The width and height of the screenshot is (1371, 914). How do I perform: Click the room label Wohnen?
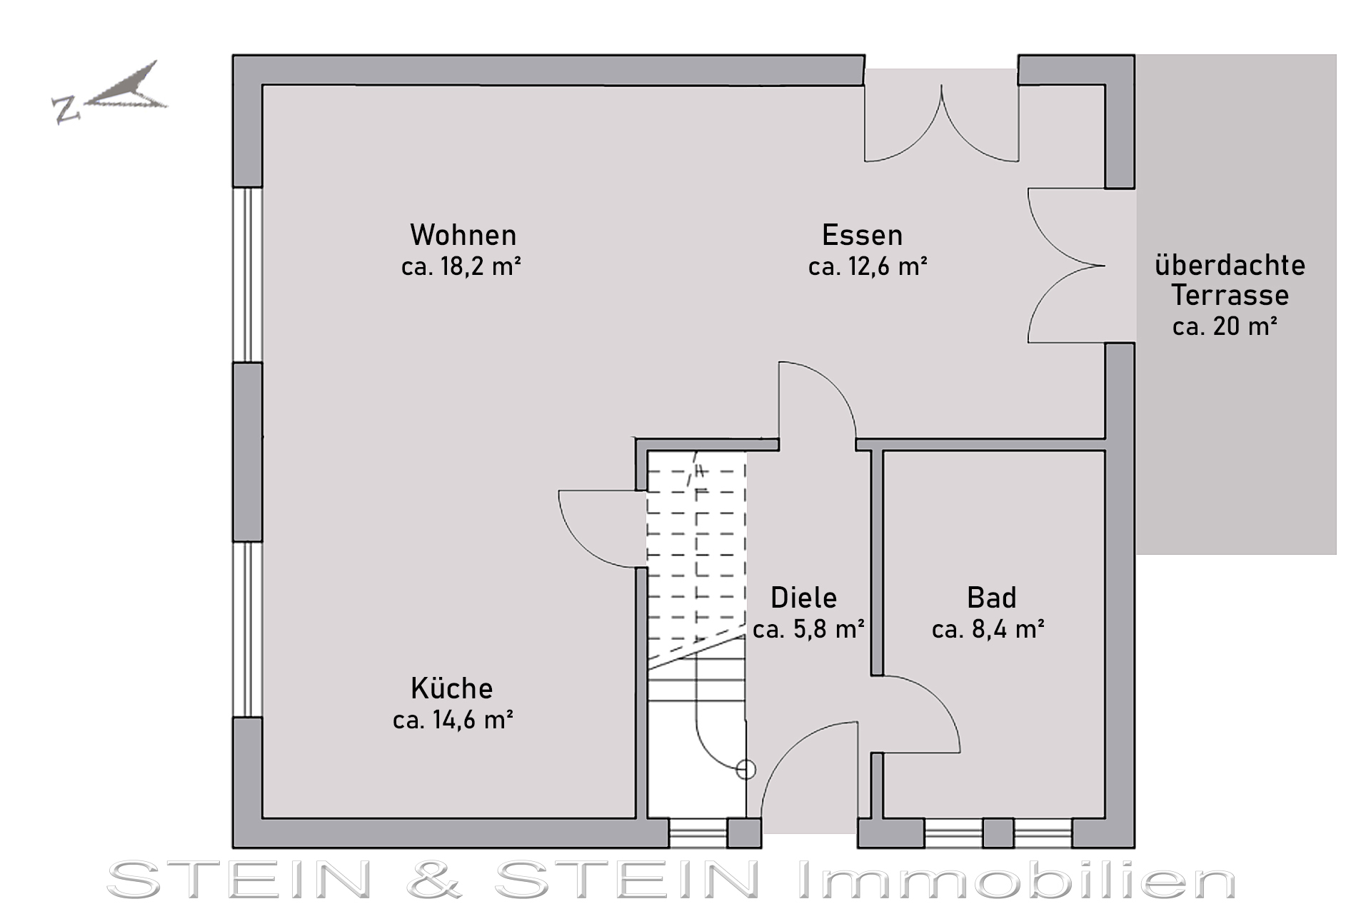(463, 235)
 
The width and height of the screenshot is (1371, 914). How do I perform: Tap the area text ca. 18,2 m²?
(461, 266)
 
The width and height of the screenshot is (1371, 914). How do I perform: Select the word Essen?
(862, 235)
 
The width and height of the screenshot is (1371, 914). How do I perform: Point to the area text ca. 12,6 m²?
(868, 266)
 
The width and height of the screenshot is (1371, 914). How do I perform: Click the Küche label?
(451, 688)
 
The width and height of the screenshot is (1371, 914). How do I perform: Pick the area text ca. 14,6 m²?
(453, 720)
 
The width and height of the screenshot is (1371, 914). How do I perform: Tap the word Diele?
(803, 598)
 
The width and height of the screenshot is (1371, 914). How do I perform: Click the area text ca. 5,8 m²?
(809, 629)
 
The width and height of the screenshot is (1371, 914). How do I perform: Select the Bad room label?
(991, 598)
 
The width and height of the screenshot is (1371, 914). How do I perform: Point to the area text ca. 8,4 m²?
(988, 629)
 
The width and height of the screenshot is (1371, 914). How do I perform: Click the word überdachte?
(1230, 265)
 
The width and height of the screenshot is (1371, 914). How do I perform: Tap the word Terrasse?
(1230, 295)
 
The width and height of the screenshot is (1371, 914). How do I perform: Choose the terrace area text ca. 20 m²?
(1225, 326)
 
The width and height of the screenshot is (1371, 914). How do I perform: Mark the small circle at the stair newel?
(745, 770)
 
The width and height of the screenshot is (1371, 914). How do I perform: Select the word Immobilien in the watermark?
(1016, 880)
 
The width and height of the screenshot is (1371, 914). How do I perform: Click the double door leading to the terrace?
(1067, 266)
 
